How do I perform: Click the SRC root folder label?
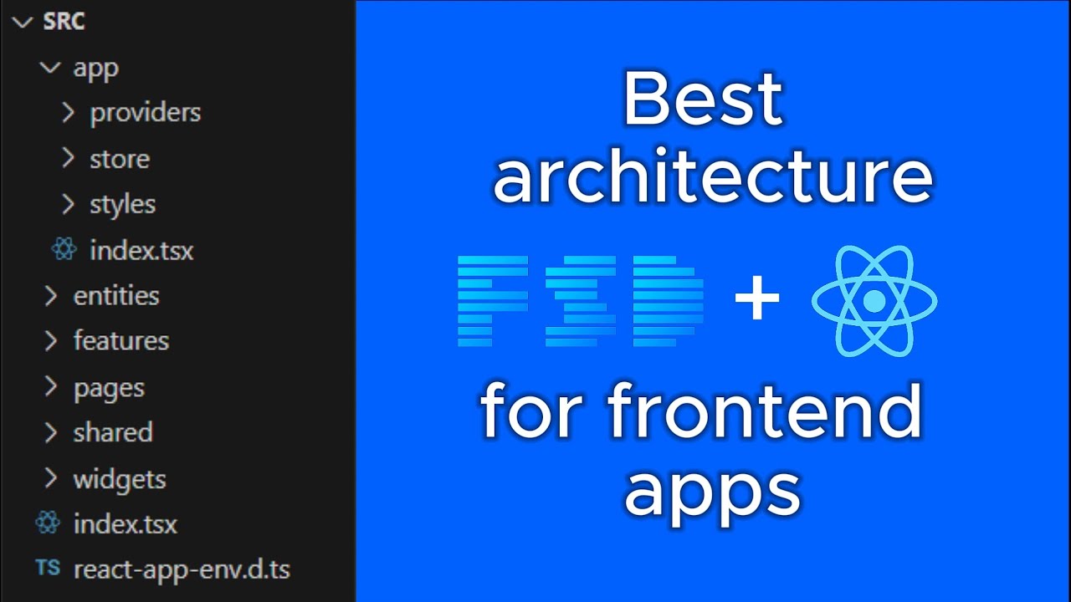[64, 22]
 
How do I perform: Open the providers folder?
[145, 112]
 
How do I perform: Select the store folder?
[120, 159]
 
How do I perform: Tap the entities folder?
[115, 295]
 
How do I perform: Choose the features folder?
[120, 340]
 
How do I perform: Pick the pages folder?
[109, 388]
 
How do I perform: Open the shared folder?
[112, 432]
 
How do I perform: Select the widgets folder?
[119, 479]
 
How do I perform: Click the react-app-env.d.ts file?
[182, 569]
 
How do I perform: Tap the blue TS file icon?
[48, 569]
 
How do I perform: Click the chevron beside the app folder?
[50, 68]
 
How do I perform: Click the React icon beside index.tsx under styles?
[64, 250]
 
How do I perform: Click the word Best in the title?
[701, 99]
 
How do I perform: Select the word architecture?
[712, 178]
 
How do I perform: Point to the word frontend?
[764, 412]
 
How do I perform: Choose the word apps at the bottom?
[712, 490]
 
